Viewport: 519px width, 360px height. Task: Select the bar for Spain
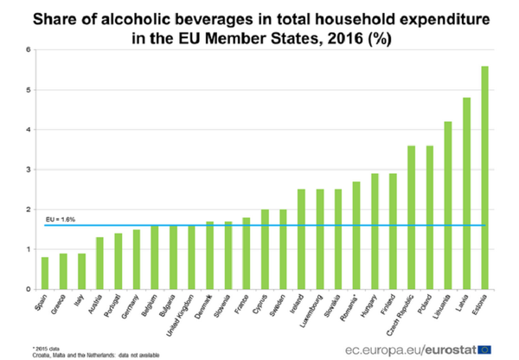44,273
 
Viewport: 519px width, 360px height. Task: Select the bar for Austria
99,263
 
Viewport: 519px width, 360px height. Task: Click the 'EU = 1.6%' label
61,220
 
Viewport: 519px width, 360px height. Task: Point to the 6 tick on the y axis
29,50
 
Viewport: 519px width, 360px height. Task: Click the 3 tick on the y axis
29,170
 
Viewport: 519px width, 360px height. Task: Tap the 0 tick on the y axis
29,289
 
